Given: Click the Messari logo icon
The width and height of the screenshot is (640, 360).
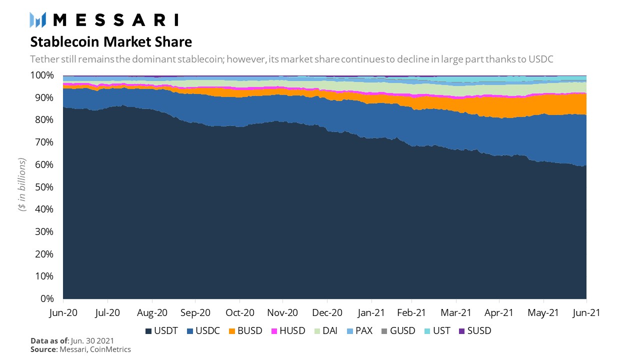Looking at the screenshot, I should pos(38,19).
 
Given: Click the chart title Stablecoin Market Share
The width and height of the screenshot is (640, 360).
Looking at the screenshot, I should pos(111,41).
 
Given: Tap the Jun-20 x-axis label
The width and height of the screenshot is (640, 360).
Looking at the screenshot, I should pos(63,312).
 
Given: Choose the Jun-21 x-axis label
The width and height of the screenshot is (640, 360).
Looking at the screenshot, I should pos(586,312).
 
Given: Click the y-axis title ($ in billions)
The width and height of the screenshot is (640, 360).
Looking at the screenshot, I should pos(22,186).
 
